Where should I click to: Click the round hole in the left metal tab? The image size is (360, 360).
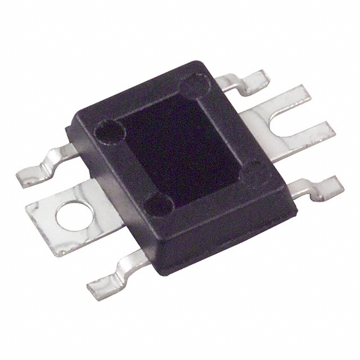pos(69,216)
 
